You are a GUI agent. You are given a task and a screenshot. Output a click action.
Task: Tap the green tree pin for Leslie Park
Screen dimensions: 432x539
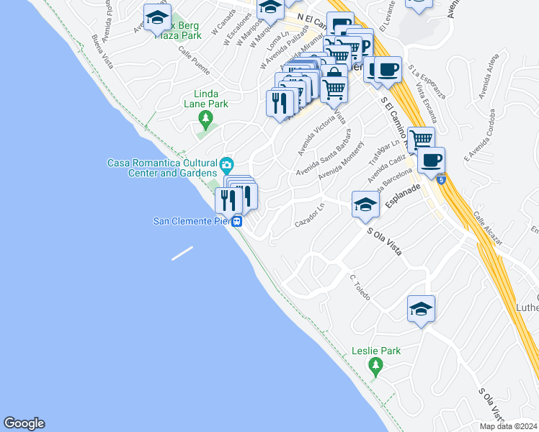[x=375, y=367]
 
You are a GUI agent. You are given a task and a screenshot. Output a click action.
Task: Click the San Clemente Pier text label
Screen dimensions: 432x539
[x=192, y=221]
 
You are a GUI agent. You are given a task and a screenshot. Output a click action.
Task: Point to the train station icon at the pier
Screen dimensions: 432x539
[x=237, y=222]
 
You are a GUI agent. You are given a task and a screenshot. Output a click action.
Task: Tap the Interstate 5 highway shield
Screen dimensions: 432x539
[x=441, y=177]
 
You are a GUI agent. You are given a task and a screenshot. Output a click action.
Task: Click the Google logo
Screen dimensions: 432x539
[x=24, y=423]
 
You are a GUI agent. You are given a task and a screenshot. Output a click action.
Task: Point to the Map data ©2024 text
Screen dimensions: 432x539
[x=510, y=426]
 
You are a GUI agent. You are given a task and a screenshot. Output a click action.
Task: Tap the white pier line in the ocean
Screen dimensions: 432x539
[x=182, y=253]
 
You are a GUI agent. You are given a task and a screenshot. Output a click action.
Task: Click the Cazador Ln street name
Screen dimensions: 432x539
[x=311, y=219]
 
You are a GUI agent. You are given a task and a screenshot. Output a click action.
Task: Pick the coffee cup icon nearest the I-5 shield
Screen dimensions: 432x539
[x=431, y=161]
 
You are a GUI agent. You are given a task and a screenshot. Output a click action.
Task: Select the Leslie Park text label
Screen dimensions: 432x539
[x=375, y=351]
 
